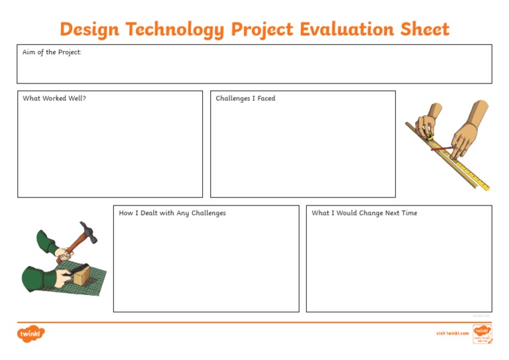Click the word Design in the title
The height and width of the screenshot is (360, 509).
pos(89,29)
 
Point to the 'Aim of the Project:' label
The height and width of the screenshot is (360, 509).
pos(52,52)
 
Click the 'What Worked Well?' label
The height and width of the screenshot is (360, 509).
pos(54,99)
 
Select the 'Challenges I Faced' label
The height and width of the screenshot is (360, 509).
pos(245,99)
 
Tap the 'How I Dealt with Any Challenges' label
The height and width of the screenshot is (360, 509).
pos(172,213)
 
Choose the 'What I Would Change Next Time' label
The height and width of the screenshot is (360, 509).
pos(365,213)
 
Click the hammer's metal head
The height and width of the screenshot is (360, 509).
pos(88,231)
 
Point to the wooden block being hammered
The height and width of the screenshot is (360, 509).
pos(80,274)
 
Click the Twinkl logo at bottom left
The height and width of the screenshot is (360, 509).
pos(30,333)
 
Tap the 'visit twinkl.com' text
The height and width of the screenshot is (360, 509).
pos(452,333)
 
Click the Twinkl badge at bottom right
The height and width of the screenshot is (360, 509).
pos(481,333)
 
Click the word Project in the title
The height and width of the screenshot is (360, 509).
pos(261,30)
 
